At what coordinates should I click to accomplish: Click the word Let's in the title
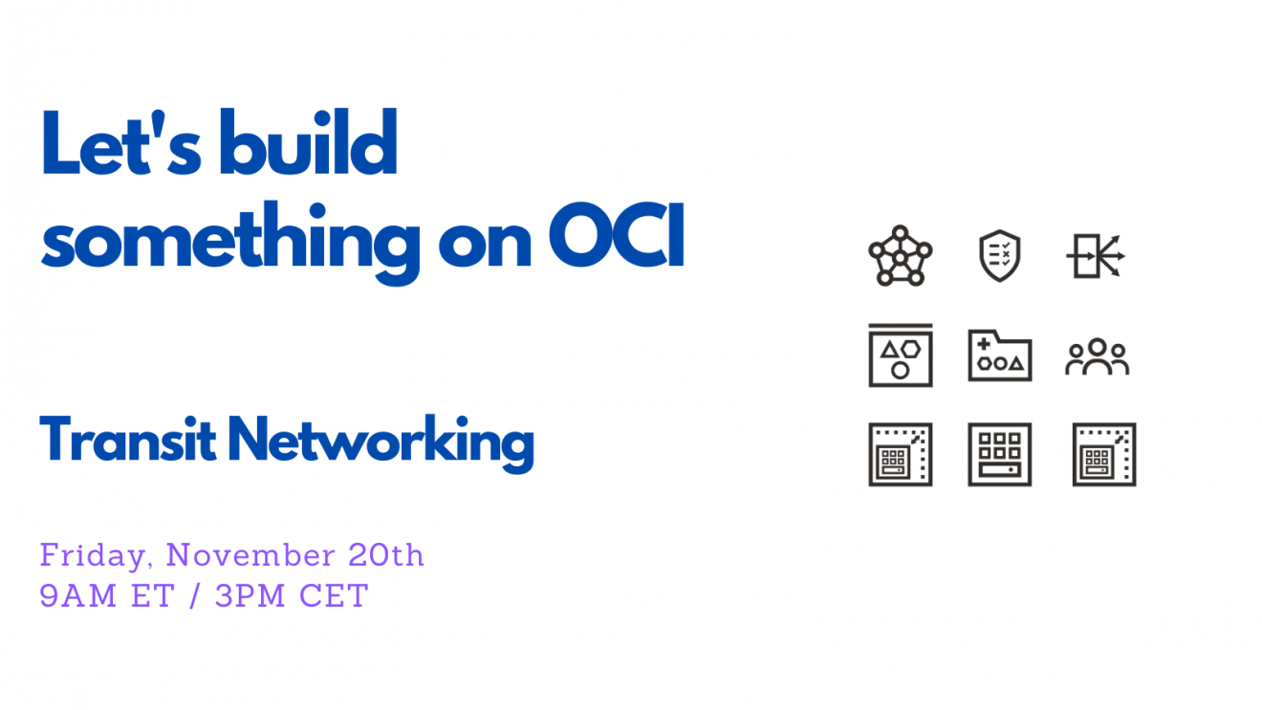[x=120, y=142]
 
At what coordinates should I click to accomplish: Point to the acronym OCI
[x=617, y=234]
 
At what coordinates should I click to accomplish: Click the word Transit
[x=128, y=440]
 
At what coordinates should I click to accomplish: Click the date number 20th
[x=386, y=555]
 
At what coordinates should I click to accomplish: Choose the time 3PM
[x=250, y=595]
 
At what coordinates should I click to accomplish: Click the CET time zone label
[x=334, y=595]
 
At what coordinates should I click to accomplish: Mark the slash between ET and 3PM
[x=195, y=595]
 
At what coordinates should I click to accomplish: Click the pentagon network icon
[x=901, y=256]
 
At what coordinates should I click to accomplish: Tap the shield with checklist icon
[x=1000, y=256]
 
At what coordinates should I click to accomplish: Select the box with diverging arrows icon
[x=1096, y=256]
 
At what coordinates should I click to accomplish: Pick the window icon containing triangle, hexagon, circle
[x=901, y=355]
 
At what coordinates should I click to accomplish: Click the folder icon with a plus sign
[x=1000, y=355]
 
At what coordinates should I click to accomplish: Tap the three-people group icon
[x=1098, y=356]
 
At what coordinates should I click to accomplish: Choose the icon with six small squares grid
[x=1000, y=454]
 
